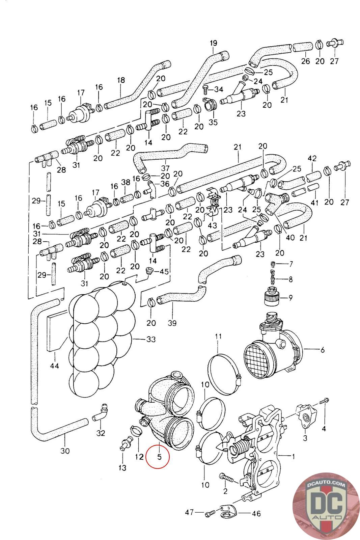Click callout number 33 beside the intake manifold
(151, 339)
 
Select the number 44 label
(54, 366)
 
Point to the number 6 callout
(323, 349)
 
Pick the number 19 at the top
(214, 43)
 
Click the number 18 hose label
(121, 80)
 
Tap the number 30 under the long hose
(65, 451)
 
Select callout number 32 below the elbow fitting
(101, 433)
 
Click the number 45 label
(164, 271)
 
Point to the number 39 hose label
(172, 323)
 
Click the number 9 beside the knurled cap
(290, 298)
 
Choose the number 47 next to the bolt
(189, 512)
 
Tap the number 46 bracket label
(256, 514)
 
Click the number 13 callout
(122, 468)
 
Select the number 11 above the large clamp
(218, 336)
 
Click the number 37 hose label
(165, 168)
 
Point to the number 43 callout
(212, 225)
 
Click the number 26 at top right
(306, 61)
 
